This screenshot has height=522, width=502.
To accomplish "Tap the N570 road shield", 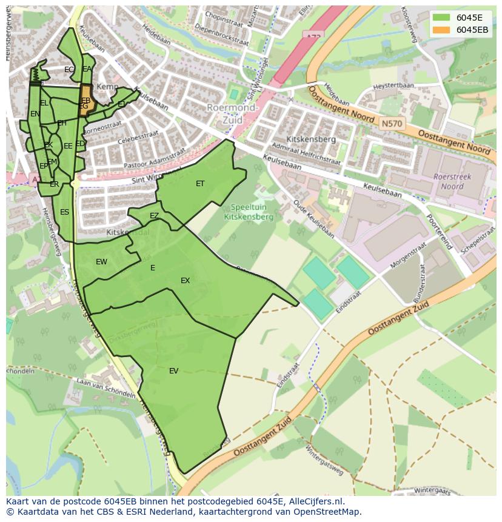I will click(x=391, y=123).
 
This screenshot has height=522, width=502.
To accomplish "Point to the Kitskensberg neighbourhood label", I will click(x=312, y=139).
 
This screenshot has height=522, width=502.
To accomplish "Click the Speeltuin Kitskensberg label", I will click(x=249, y=212).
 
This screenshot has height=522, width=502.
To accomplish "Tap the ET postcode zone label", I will click(x=200, y=184).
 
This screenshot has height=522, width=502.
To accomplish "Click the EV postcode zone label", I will click(x=174, y=371).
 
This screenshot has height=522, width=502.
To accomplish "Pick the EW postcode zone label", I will click(x=101, y=262).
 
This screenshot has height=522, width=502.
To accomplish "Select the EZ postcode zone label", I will click(x=154, y=216).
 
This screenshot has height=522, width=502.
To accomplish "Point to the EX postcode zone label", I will click(x=185, y=281).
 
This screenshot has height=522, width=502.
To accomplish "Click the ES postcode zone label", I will click(x=64, y=212).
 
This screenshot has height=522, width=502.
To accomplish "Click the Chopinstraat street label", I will click(x=224, y=15).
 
